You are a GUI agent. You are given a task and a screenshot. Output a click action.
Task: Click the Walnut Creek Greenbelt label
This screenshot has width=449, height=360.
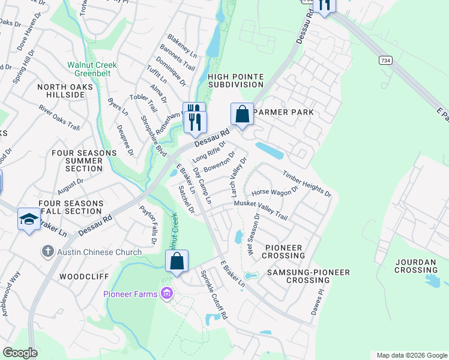coord(92,70)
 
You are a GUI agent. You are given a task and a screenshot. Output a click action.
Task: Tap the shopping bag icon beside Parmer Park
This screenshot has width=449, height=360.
coord(242,114)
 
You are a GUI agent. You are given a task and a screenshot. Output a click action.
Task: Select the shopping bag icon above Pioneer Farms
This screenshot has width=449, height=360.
coord(176,262)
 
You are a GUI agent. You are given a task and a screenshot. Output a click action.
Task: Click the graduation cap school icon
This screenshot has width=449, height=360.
coord(29,220)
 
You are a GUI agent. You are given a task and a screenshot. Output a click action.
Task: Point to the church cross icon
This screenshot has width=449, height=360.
coord(47,252)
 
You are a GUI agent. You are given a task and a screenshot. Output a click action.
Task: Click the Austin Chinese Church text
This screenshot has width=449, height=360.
coord(99,252)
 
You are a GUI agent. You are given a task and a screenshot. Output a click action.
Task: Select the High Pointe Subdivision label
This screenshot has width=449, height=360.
coord(236,81)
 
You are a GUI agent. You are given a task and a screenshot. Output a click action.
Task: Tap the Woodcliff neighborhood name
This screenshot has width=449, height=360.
coord(83,277)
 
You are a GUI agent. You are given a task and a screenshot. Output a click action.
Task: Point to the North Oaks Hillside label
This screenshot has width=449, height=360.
coord(61,91)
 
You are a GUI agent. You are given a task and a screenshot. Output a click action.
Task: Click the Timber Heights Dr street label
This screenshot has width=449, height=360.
coord(307,183)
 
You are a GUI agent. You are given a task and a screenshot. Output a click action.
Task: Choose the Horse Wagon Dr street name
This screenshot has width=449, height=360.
coord(274,191)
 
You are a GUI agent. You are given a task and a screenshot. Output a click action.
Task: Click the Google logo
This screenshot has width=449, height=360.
coord(19,353)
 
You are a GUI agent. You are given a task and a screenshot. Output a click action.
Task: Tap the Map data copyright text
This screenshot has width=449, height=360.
coord(411,355)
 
